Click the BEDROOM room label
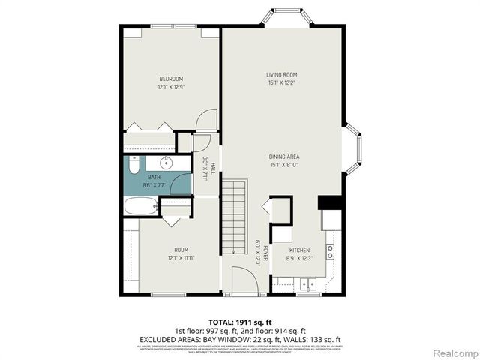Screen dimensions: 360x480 click(170, 79)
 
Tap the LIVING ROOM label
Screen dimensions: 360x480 click(282, 74)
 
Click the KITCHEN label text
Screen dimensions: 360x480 click(299, 250)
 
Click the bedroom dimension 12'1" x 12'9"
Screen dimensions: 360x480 click(170, 87)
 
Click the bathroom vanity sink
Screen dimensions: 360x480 click(166, 163)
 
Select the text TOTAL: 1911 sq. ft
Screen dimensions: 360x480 click(240, 320)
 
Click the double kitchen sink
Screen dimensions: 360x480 click(307, 284)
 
